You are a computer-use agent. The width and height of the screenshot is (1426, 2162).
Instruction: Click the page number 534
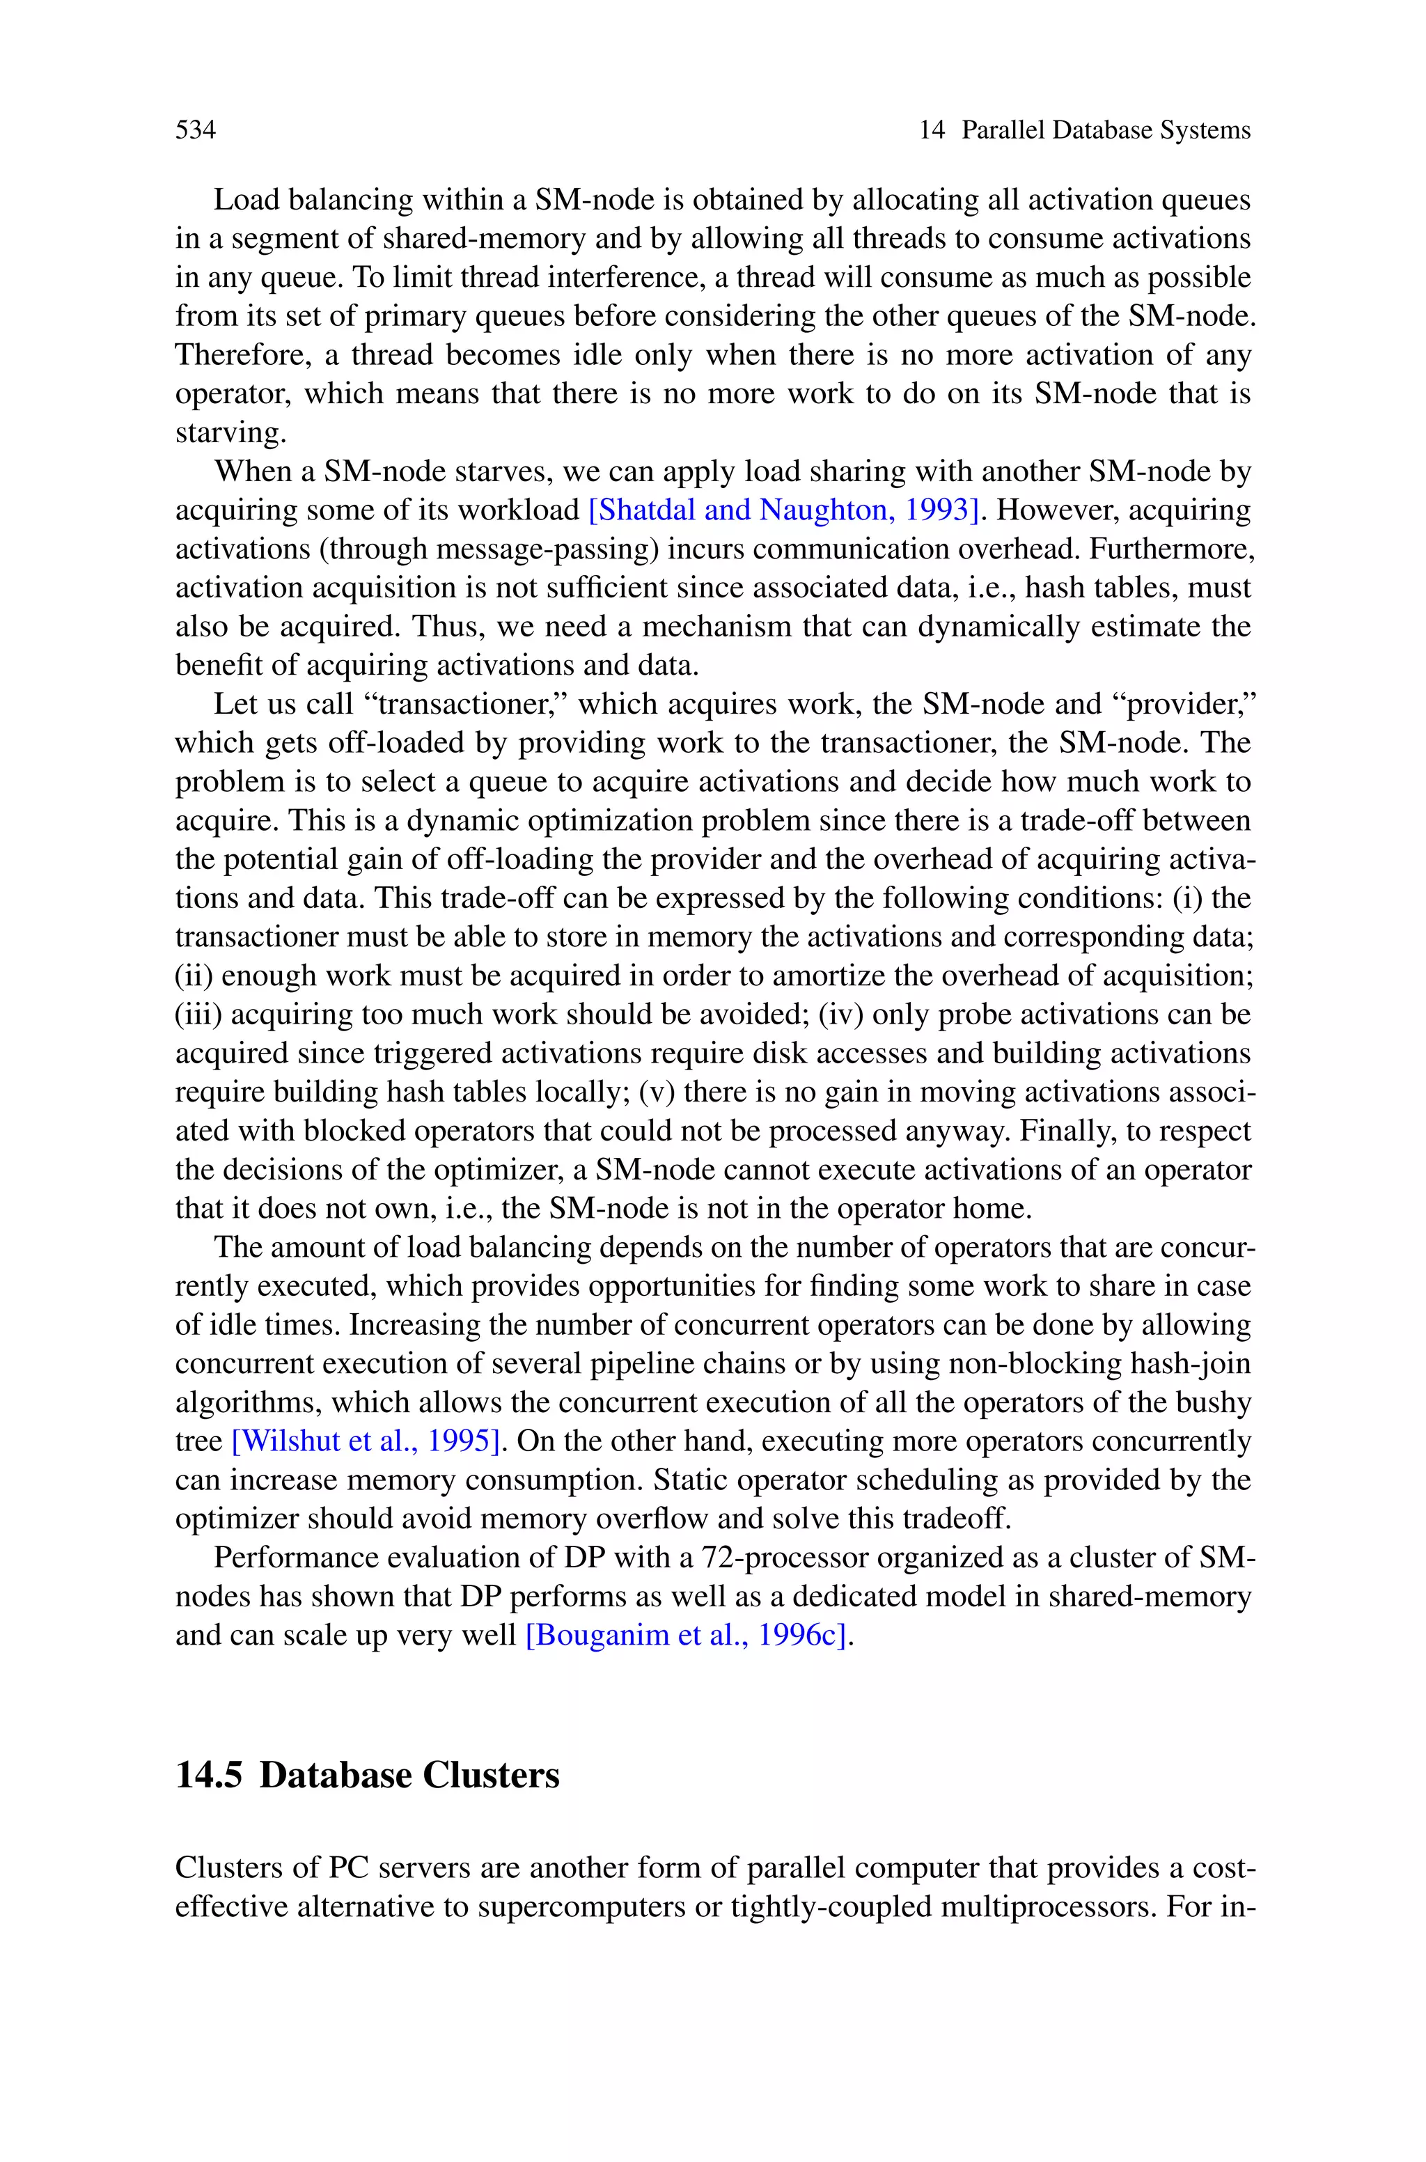(196, 130)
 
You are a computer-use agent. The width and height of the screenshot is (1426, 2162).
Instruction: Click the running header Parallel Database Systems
(1105, 130)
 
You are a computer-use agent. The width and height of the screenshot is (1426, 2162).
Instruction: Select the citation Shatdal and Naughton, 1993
(785, 510)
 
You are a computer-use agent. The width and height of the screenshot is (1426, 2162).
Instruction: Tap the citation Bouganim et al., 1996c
(689, 1636)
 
